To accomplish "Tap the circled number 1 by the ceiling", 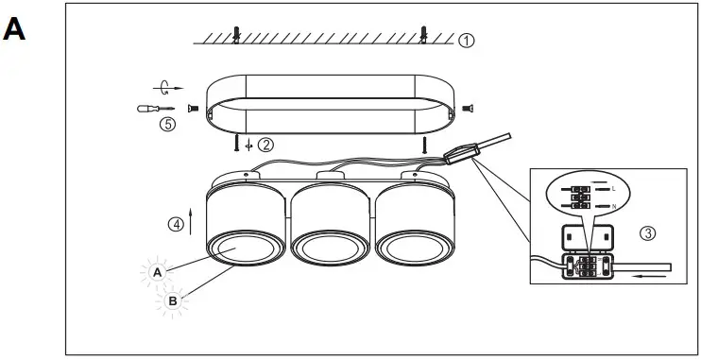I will (x=467, y=42).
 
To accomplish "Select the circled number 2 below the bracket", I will (x=266, y=146).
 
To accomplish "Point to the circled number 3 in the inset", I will (x=647, y=232).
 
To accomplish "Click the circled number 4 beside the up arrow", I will (x=176, y=225).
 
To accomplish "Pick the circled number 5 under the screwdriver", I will (x=167, y=124).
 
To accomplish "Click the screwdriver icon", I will (x=155, y=109).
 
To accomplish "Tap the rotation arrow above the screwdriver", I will (x=166, y=88).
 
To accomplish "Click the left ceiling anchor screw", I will (x=236, y=35).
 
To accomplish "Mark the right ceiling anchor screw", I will (x=424, y=35).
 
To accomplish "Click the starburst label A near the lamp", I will (x=158, y=272).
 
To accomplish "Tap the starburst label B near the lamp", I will (x=172, y=301).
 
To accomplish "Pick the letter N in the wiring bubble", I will (x=613, y=206).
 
